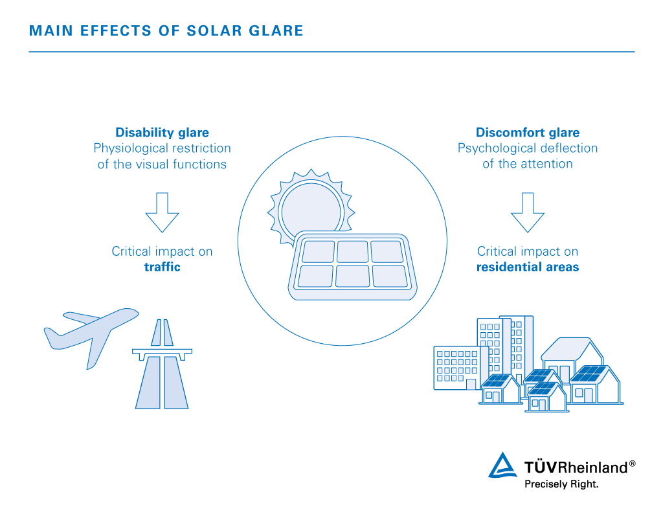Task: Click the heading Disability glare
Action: click(162, 133)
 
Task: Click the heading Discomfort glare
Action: click(528, 133)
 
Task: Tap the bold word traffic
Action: click(162, 266)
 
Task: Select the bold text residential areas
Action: click(528, 267)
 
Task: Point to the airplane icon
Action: click(91, 333)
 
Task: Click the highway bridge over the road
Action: click(163, 352)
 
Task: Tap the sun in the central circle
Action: click(311, 206)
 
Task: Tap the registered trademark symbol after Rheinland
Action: click(632, 464)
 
